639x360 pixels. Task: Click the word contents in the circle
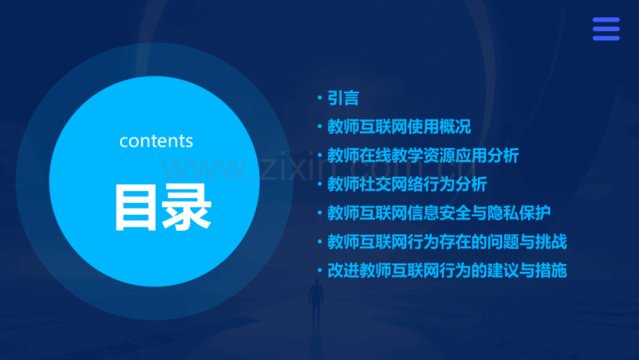coord(156,141)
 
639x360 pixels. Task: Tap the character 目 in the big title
coord(135,208)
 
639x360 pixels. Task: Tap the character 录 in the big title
coord(187,208)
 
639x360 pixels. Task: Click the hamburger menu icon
coord(606,29)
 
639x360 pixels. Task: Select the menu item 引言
coord(343,98)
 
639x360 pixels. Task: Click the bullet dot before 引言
coord(320,98)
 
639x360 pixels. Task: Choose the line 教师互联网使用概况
coord(399,126)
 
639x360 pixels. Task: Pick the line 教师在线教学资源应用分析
coord(423,156)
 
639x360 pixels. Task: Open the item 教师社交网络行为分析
coord(407,184)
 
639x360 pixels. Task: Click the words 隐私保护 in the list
coord(519,213)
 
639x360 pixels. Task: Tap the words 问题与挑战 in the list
coord(527,242)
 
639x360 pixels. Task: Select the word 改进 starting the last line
coord(343,271)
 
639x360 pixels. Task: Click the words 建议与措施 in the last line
coord(527,271)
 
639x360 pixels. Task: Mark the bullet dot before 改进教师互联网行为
coord(320,271)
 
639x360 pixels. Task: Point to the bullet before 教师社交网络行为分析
coord(320,184)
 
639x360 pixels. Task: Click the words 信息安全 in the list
coord(439,213)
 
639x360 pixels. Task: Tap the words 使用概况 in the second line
coord(439,126)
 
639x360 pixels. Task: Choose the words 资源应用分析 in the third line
coord(471,156)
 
